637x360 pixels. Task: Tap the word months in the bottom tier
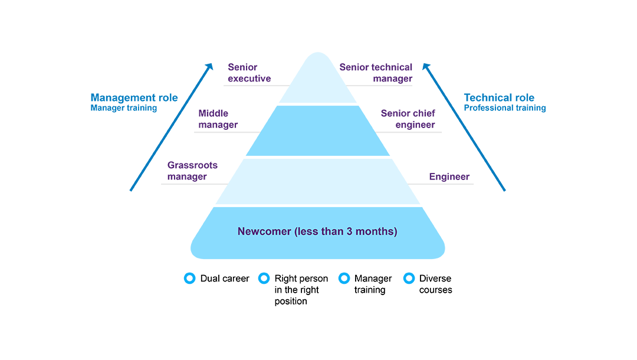point(367,232)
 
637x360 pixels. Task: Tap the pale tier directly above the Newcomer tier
point(318,180)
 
